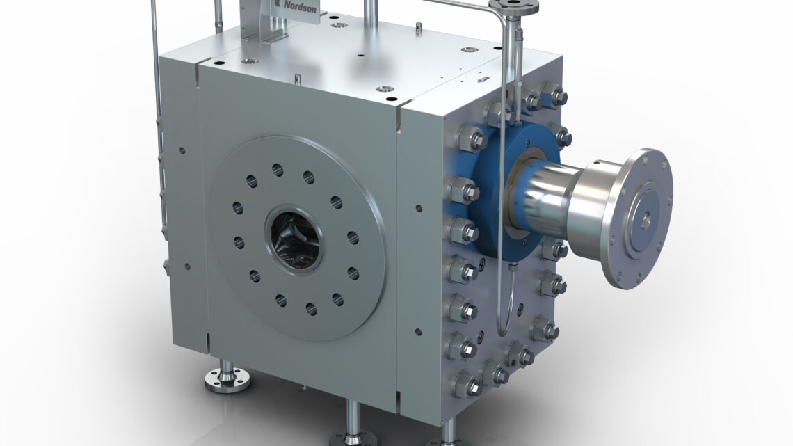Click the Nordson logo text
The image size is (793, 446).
point(299,6)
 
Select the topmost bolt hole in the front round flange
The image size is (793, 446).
point(277,169)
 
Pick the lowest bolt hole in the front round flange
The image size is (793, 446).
point(312,308)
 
